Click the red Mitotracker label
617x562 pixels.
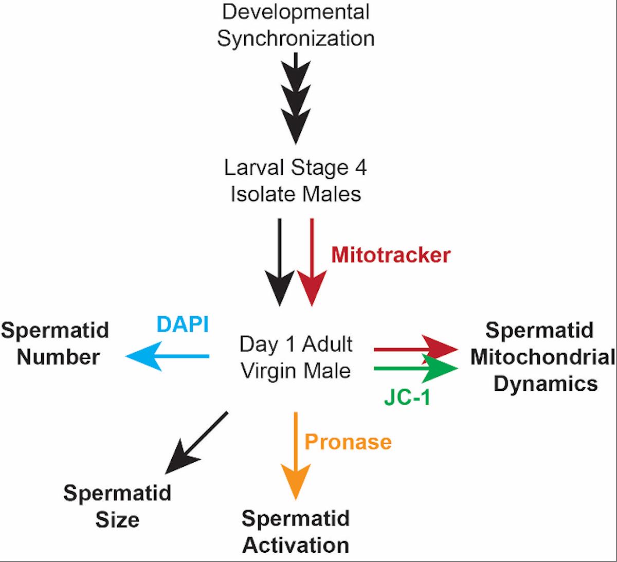coord(391,255)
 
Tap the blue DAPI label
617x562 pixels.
coord(183,324)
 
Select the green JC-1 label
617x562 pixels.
coord(407,397)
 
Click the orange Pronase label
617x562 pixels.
coord(348,442)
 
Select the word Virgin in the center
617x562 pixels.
coord(267,371)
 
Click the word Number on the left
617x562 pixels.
coord(58,356)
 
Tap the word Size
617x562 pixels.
coord(117,519)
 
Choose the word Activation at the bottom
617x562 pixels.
coord(296,545)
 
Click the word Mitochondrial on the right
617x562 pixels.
coord(543,357)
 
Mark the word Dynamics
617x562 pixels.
coord(546,384)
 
